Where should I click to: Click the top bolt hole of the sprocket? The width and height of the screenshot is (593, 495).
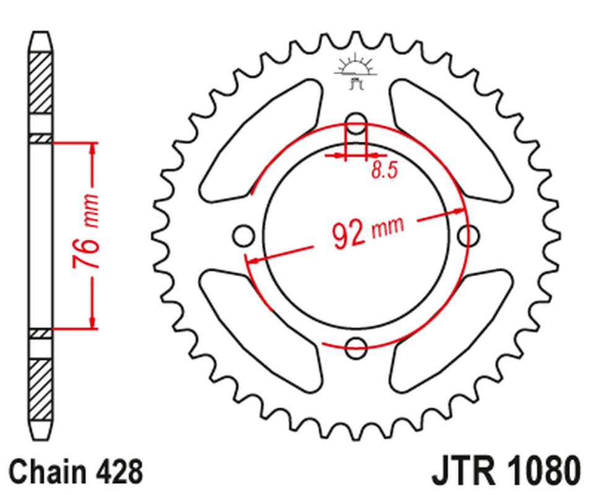tap(356, 123)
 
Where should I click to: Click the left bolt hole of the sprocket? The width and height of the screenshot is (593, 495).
tap(243, 236)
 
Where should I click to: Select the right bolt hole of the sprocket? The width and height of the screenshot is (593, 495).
tap(469, 236)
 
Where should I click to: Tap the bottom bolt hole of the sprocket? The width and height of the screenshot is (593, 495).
tap(356, 348)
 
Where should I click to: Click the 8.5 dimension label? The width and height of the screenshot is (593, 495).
tap(384, 170)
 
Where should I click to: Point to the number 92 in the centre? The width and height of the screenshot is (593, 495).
tap(348, 236)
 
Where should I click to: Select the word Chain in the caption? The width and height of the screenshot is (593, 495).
tap(48, 471)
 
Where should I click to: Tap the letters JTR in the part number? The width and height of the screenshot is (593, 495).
tap(463, 471)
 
